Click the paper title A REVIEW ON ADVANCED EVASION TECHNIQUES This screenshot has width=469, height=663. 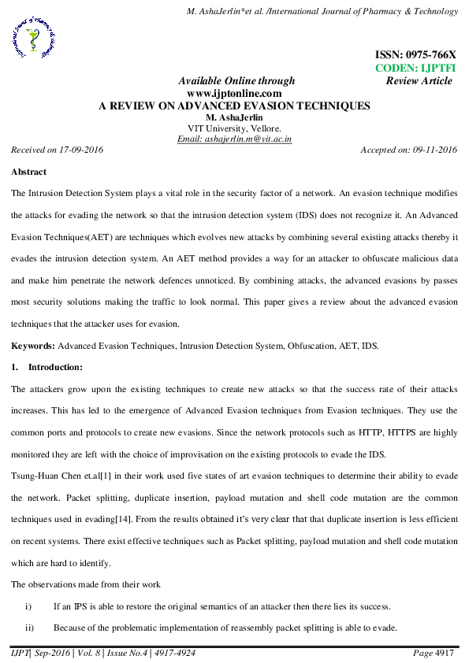click(x=233, y=106)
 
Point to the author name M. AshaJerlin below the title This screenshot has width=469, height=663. click(x=234, y=117)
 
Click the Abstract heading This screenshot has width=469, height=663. click(x=28, y=172)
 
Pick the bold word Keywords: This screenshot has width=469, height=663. click(x=32, y=346)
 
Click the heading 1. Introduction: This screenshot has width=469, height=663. click(x=52, y=367)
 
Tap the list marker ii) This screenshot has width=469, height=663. click(x=31, y=627)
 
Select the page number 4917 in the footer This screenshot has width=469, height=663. click(x=447, y=653)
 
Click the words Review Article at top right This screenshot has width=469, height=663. click(x=419, y=81)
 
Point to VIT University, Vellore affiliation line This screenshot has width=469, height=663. click(x=234, y=128)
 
